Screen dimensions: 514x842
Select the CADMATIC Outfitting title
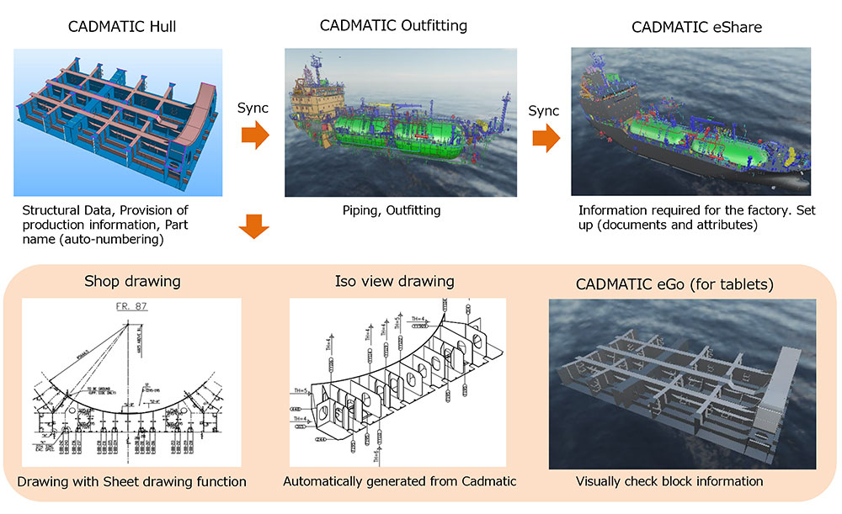[x=393, y=25]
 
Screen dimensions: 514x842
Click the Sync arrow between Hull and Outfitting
[x=255, y=135]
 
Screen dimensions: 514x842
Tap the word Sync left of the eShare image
[x=544, y=110]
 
